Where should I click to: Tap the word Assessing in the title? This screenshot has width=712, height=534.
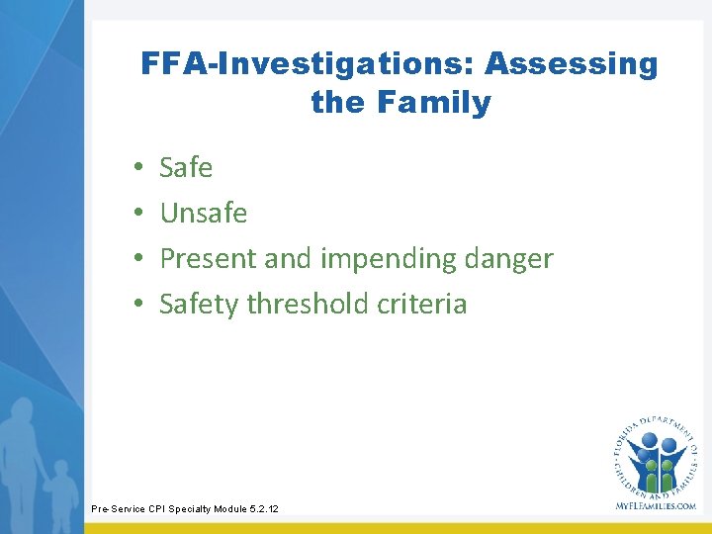coord(571,64)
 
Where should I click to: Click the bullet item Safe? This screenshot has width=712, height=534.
coord(186,168)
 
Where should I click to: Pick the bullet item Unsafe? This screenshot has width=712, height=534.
coord(203,214)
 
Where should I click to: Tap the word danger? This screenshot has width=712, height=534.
coord(503,259)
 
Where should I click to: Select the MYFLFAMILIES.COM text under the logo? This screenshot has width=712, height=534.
coord(654,505)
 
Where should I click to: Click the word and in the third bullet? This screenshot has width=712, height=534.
coord(290,259)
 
